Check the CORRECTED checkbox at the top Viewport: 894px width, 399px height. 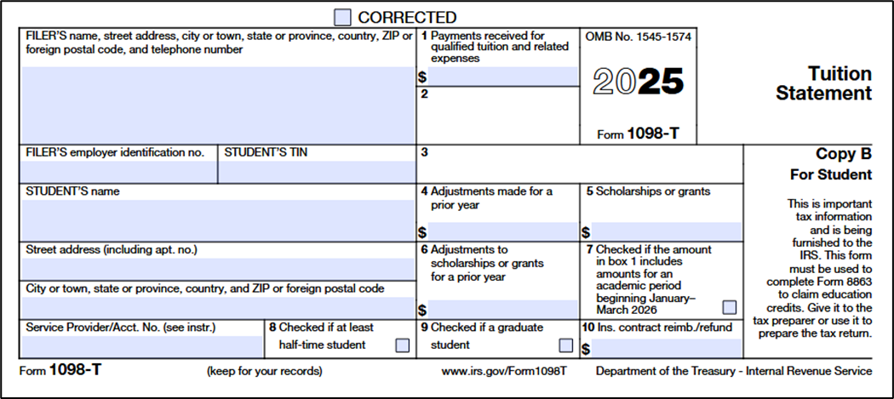(342, 17)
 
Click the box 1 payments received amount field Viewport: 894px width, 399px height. (502, 77)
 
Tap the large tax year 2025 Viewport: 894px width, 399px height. (639, 82)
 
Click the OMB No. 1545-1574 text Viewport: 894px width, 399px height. (638, 37)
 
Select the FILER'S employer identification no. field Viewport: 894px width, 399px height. (118, 172)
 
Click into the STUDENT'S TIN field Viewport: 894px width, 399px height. (316, 172)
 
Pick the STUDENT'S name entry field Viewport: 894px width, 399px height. (217, 220)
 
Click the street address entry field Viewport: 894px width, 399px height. (217, 268)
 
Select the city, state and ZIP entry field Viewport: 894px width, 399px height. (217, 306)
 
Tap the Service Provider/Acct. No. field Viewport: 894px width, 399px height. (141, 346)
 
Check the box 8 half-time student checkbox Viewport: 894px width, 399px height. (402, 345)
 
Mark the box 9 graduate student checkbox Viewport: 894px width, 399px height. (565, 345)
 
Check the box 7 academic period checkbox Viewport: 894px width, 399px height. (730, 307)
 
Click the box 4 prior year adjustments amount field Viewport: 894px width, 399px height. (502, 231)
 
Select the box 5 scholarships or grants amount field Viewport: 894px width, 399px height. (666, 231)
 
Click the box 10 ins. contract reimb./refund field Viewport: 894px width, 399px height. (666, 348)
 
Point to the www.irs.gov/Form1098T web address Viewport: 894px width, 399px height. (504, 371)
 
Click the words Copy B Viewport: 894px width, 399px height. (844, 155)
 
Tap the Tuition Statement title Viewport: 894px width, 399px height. (823, 83)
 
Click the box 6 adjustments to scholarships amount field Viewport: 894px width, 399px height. (502, 309)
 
